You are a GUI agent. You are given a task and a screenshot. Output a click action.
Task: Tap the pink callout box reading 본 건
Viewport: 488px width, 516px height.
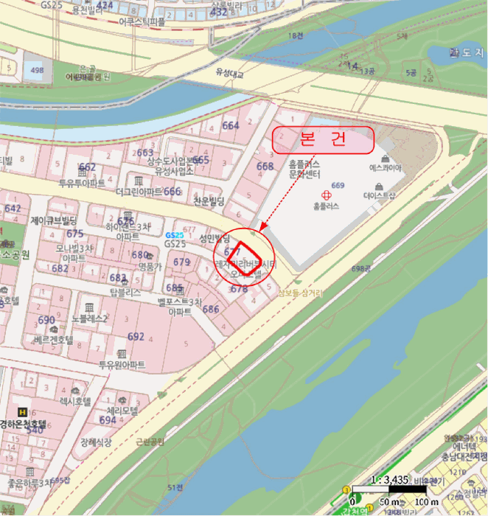click(x=324, y=140)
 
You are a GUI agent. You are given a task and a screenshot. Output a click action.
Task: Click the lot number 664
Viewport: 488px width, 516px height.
click(x=231, y=125)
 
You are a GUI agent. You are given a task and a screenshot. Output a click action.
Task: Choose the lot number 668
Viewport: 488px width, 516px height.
click(x=265, y=166)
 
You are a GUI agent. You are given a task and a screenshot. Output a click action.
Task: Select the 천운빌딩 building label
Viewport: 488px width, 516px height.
click(x=209, y=201)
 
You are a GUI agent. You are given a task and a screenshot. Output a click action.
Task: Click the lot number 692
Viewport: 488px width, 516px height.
click(x=136, y=336)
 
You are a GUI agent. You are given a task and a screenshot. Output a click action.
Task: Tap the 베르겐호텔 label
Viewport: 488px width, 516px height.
click(x=52, y=341)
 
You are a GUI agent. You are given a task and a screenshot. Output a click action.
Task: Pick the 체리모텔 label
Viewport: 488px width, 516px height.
click(x=124, y=411)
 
